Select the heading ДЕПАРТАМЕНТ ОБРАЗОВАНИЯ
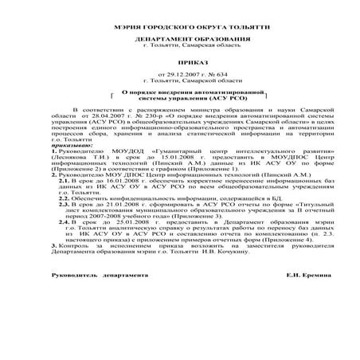[179, 38]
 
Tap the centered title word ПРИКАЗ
[179, 61]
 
